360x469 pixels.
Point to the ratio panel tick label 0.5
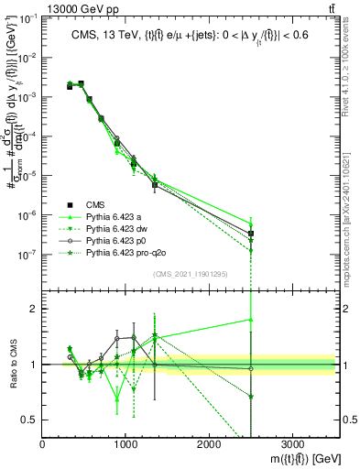pyautogui.click(x=30, y=420)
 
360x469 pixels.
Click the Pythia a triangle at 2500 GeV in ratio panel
pyautogui.click(x=251, y=320)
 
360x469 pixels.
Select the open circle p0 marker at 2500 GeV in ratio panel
pyautogui.click(x=251, y=368)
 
